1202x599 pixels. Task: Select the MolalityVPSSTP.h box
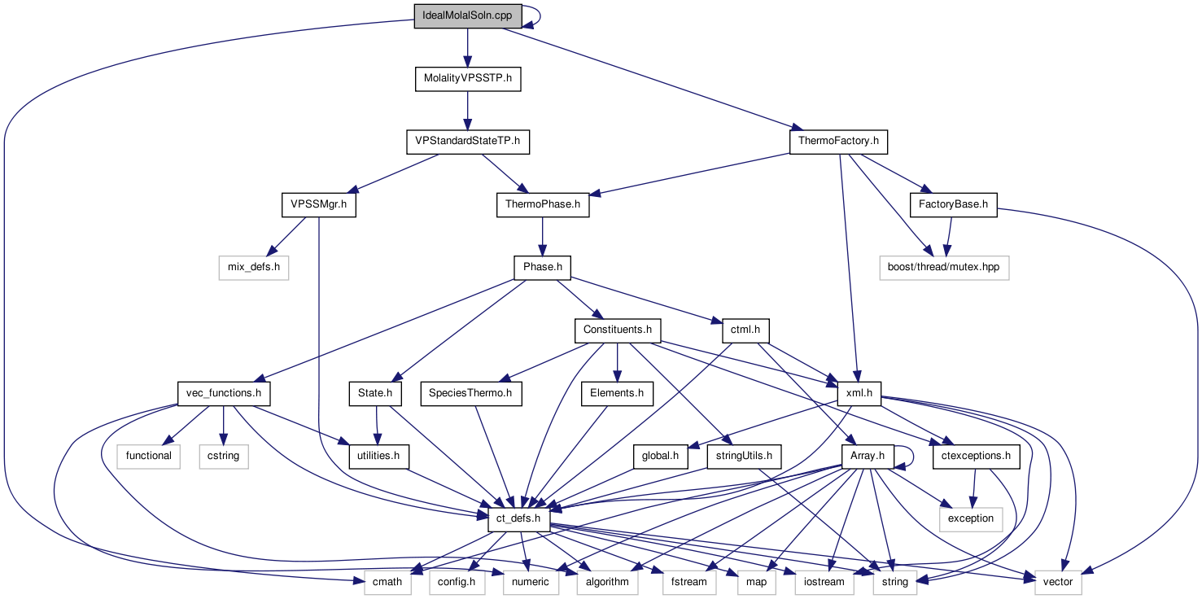(467, 79)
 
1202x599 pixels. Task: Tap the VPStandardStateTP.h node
(467, 142)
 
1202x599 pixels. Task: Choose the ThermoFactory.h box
(837, 142)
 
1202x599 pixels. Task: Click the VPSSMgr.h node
(320, 205)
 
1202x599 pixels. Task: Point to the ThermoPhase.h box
(543, 205)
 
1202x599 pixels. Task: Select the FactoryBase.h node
(952, 205)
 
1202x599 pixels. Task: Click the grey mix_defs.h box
(254, 268)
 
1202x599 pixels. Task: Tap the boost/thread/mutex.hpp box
(944, 268)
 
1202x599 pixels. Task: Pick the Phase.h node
(542, 267)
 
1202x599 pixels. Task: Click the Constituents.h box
(618, 330)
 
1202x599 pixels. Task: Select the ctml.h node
(745, 330)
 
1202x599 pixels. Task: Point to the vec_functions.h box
(224, 393)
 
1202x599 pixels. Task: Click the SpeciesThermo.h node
(471, 393)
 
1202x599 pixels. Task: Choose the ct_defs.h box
(519, 518)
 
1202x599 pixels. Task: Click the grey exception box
(970, 518)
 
